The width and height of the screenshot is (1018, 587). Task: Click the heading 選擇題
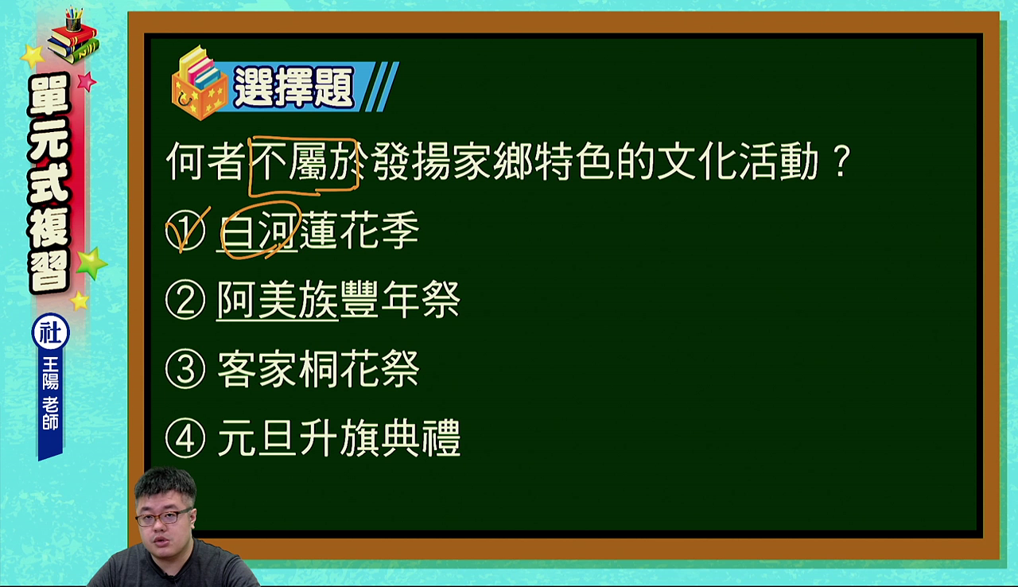[x=293, y=87]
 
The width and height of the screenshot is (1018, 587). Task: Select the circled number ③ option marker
[x=185, y=369]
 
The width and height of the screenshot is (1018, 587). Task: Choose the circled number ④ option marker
[x=185, y=438]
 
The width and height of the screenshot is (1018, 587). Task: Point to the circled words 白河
[x=260, y=231]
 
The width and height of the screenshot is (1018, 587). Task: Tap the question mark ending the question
[x=842, y=161]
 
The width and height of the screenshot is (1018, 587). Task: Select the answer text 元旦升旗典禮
[x=339, y=438]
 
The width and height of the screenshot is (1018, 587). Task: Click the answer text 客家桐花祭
[x=318, y=368]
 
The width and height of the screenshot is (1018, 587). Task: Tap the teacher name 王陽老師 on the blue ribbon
[x=50, y=394]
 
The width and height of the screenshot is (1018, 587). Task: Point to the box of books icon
[x=199, y=84]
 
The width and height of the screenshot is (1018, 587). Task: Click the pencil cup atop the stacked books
[x=74, y=19]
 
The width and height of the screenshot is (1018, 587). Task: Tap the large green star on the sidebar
[x=91, y=263]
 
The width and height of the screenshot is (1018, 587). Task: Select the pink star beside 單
[x=87, y=82]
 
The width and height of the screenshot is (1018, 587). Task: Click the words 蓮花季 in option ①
[x=359, y=231]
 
